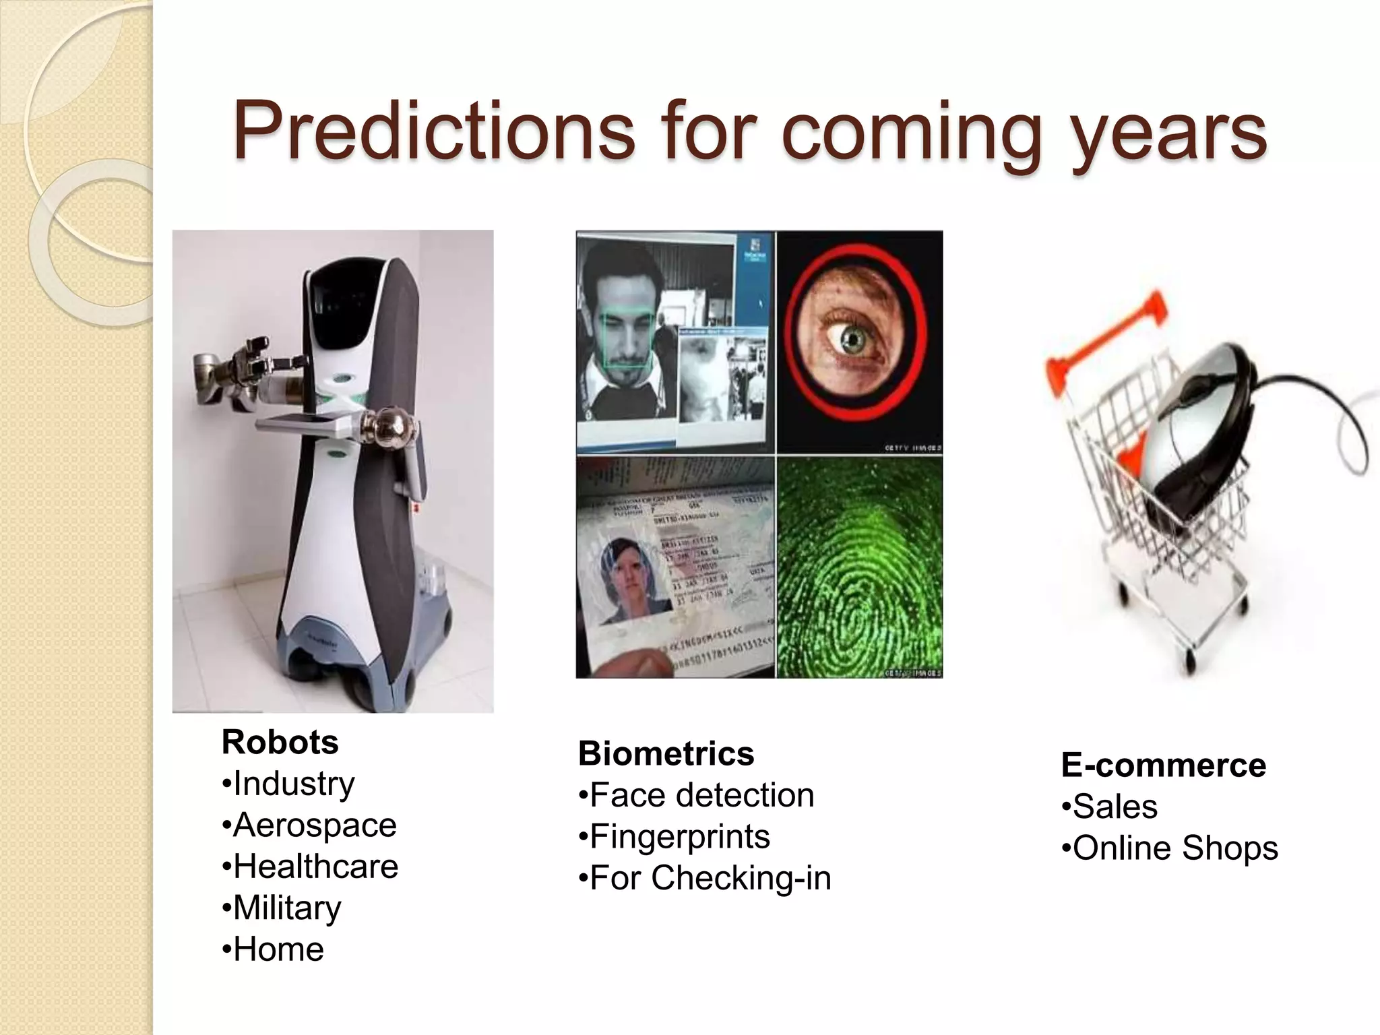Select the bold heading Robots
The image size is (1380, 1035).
point(280,742)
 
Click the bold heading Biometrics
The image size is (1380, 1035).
point(666,753)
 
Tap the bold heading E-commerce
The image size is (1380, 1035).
point(1163,765)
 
